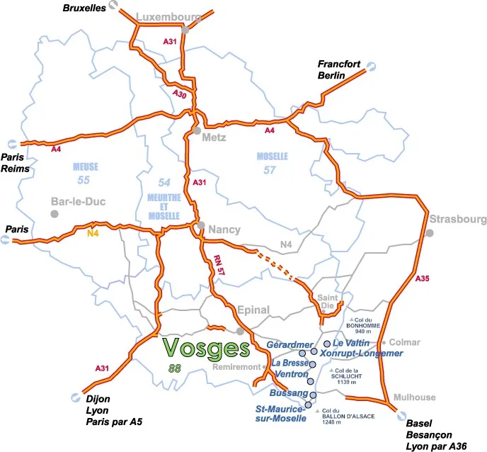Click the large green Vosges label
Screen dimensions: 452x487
pos(207,348)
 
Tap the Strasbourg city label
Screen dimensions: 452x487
pos(457,220)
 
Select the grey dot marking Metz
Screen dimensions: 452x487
pos(196,130)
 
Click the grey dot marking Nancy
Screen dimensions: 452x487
pos(202,227)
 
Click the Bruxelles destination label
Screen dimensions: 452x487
pos(84,7)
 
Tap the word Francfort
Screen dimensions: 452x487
pos(340,64)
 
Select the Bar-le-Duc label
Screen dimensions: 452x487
pos(78,202)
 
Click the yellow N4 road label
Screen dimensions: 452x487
pos(93,234)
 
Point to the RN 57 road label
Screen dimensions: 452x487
pos(217,266)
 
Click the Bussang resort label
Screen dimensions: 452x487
pos(289,392)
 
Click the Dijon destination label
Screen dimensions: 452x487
pos(95,399)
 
